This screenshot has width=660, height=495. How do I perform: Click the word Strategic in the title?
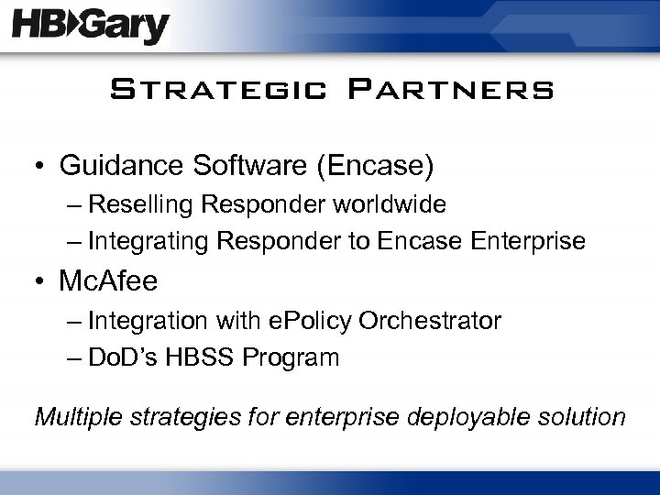point(215,91)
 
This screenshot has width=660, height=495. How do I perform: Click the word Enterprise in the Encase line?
point(529,241)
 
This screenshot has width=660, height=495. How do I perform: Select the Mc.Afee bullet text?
point(108,280)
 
